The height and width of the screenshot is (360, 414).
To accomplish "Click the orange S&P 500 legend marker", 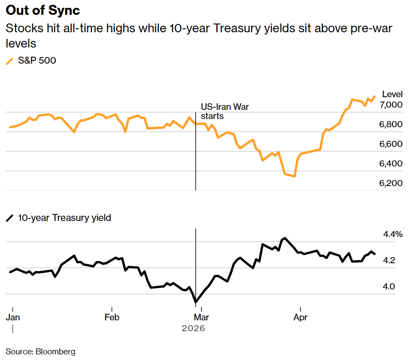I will tap(10, 61).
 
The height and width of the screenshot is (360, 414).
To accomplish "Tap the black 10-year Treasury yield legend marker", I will tap(10, 218).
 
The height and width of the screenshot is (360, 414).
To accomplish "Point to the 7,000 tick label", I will tap(391, 105).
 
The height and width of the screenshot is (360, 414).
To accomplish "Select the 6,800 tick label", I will tap(391, 125).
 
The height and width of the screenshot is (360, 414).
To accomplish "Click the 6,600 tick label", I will tap(391, 144).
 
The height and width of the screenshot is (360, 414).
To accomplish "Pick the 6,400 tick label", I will tap(391, 164).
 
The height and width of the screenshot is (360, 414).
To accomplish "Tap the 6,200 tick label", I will tap(391, 183).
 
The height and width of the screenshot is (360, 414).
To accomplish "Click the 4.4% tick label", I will tap(393, 234).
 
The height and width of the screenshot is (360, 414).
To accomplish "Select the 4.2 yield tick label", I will tap(389, 261).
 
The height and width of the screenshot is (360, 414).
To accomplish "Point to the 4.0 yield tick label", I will tap(389, 287).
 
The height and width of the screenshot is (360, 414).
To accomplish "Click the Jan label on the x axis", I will tap(13, 317).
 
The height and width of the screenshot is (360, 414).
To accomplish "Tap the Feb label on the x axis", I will tap(112, 317).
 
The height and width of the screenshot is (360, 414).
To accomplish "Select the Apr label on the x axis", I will tap(300, 317).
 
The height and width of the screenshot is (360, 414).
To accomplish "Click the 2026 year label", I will tap(193, 328).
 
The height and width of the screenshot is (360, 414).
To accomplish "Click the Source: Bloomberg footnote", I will tap(40, 351).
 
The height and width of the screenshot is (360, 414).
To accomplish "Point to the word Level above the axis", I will tap(392, 94).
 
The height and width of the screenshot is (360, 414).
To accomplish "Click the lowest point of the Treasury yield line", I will tap(196, 302).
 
